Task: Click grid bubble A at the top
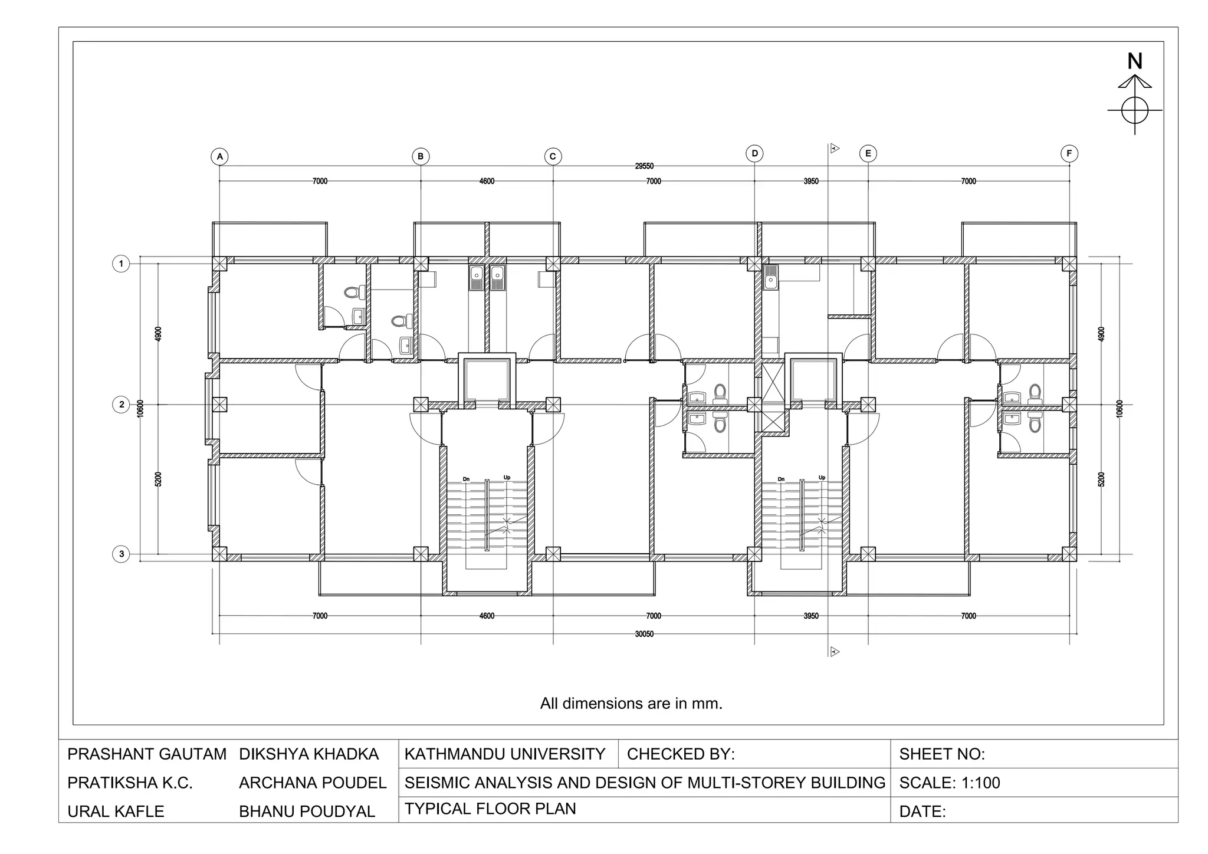[x=219, y=157]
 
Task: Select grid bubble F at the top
[x=1069, y=154]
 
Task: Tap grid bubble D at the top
[x=754, y=154]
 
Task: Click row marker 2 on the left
[x=122, y=405]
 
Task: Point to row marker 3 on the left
[x=122, y=554]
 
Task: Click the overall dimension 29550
[x=644, y=166]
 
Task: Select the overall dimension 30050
[x=644, y=635]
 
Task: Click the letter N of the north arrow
[x=1134, y=61]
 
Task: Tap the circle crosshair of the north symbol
[x=1134, y=110]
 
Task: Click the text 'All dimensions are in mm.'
[x=631, y=704]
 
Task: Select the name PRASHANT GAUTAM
[x=147, y=754]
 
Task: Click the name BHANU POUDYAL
[x=307, y=812]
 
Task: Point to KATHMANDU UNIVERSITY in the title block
[x=505, y=754]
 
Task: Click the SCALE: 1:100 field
[x=950, y=783]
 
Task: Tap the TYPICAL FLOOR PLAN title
[x=490, y=809]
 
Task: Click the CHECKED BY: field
[x=681, y=754]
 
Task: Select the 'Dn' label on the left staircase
[x=466, y=479]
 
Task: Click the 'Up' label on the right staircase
[x=822, y=478]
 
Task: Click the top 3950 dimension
[x=811, y=182]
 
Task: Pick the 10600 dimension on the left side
[x=140, y=408]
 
